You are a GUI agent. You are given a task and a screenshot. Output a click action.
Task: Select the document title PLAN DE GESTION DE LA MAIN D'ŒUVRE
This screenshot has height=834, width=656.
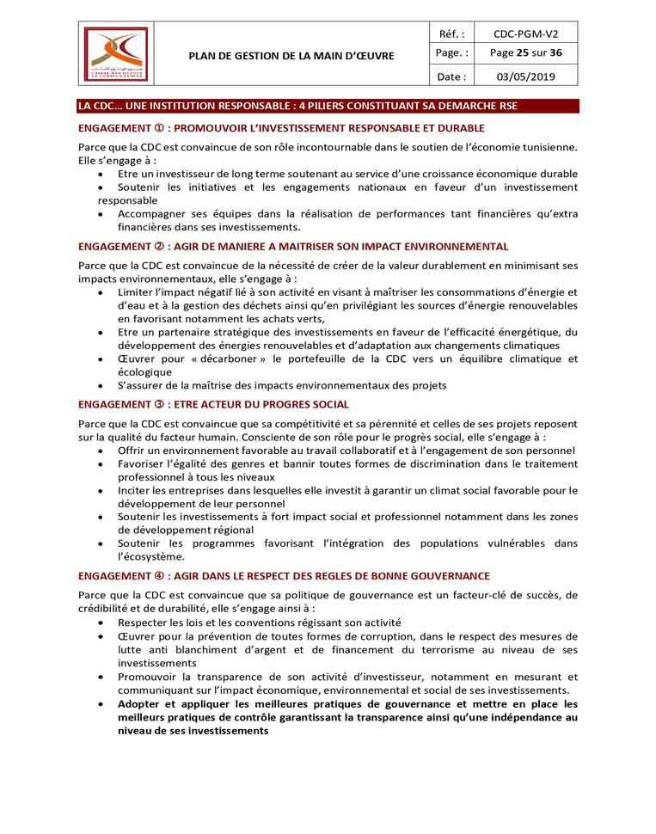[x=291, y=56]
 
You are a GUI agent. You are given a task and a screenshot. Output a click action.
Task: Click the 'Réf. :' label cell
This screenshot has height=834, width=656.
[x=451, y=34]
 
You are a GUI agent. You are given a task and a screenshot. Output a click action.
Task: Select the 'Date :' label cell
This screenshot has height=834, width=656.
[x=451, y=76]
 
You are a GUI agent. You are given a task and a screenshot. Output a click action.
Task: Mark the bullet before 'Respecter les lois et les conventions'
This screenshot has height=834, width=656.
[x=103, y=622]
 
